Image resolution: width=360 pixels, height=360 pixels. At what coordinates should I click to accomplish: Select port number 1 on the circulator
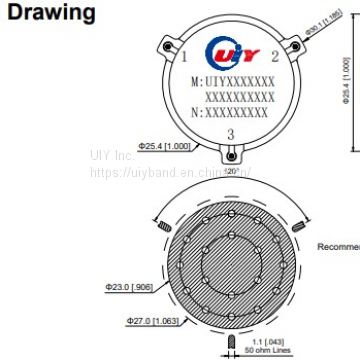(183, 46)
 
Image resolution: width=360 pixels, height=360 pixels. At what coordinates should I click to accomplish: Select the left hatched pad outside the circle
(162, 231)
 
